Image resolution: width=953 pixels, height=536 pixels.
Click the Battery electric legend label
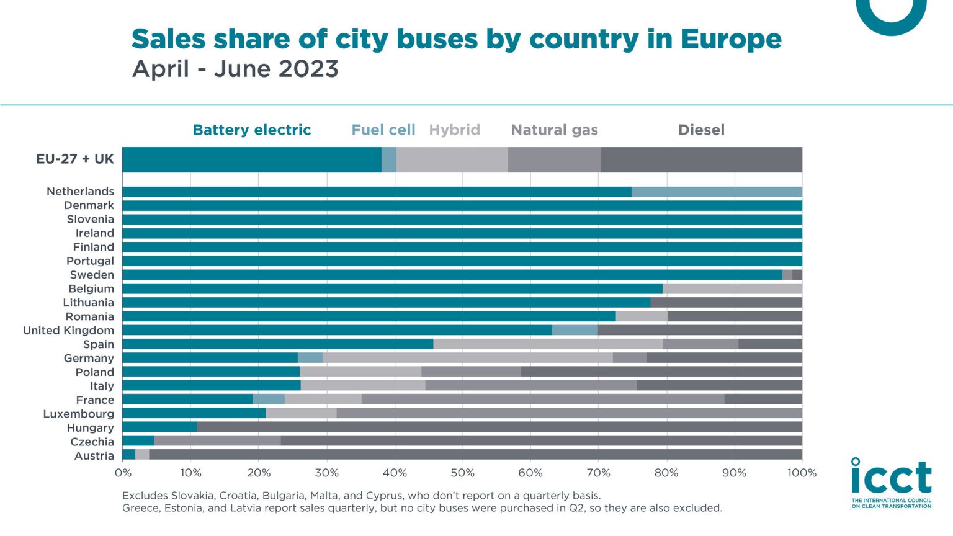click(251, 130)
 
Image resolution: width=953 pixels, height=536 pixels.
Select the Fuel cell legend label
click(383, 130)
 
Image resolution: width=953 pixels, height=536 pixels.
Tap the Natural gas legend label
click(554, 130)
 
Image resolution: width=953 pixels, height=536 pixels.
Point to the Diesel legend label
click(701, 130)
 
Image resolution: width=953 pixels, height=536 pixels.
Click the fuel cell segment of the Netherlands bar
click(717, 192)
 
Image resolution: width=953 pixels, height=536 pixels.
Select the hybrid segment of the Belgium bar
click(732, 288)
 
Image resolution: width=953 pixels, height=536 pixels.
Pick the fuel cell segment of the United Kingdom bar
click(575, 330)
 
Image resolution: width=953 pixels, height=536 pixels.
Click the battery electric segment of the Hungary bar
click(159, 427)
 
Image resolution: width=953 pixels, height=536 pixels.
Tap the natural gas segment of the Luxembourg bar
click(569, 413)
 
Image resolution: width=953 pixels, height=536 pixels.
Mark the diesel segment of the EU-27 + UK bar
click(701, 159)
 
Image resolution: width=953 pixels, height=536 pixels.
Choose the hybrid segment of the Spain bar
click(548, 344)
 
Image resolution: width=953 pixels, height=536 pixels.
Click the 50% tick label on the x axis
click(462, 473)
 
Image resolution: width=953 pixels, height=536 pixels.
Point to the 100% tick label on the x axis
click(802, 473)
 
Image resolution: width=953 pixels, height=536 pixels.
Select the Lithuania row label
click(88, 303)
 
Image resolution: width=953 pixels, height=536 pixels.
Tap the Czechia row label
click(92, 442)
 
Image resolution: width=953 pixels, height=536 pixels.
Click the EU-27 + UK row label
click(75, 159)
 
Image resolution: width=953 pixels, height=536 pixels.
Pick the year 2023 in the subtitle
click(308, 68)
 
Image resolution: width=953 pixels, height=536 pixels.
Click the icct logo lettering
click(891, 478)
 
